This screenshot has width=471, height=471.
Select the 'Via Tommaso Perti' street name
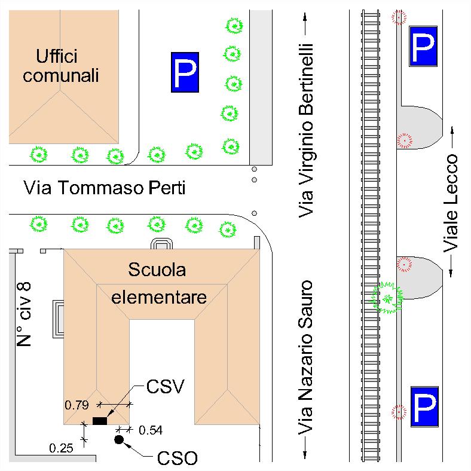(104, 188)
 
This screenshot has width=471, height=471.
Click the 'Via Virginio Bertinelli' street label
(307, 129)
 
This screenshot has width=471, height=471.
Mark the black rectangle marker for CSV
(99, 421)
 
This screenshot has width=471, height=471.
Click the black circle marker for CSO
(118, 441)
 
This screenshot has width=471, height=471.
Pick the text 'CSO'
(177, 459)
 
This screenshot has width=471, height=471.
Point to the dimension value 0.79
(77, 405)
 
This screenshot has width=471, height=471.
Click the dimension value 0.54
(150, 430)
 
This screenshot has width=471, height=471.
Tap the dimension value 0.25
(61, 447)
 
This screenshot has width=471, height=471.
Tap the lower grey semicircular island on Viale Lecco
(421, 276)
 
